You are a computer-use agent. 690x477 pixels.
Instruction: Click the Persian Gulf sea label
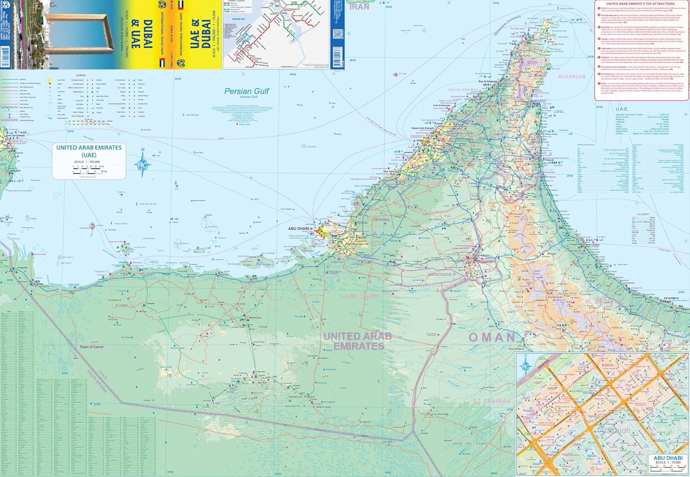(x=247, y=91)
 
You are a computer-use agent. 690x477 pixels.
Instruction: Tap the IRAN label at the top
(x=359, y=6)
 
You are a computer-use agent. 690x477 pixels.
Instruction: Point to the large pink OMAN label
(x=492, y=337)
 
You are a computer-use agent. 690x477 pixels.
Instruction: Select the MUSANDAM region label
(x=572, y=76)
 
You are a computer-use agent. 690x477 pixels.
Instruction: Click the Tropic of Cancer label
(x=92, y=347)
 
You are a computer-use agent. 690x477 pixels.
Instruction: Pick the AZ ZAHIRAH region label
(x=492, y=401)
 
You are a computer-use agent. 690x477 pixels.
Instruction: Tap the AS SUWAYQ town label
(x=671, y=299)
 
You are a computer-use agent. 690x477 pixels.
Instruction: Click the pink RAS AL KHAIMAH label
(x=463, y=90)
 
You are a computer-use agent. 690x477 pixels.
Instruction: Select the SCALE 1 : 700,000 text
(x=87, y=162)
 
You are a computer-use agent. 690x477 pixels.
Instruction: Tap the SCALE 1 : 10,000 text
(x=667, y=463)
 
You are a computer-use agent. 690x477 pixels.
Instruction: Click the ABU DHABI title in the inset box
(x=668, y=458)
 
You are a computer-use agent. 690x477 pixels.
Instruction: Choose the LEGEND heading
(x=80, y=75)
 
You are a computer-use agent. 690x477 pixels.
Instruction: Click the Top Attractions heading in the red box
(x=640, y=4)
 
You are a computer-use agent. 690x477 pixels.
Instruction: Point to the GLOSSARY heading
(x=643, y=214)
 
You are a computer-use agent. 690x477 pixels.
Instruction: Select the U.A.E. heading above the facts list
(x=621, y=109)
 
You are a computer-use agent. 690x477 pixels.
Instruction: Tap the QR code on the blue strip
(x=337, y=34)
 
